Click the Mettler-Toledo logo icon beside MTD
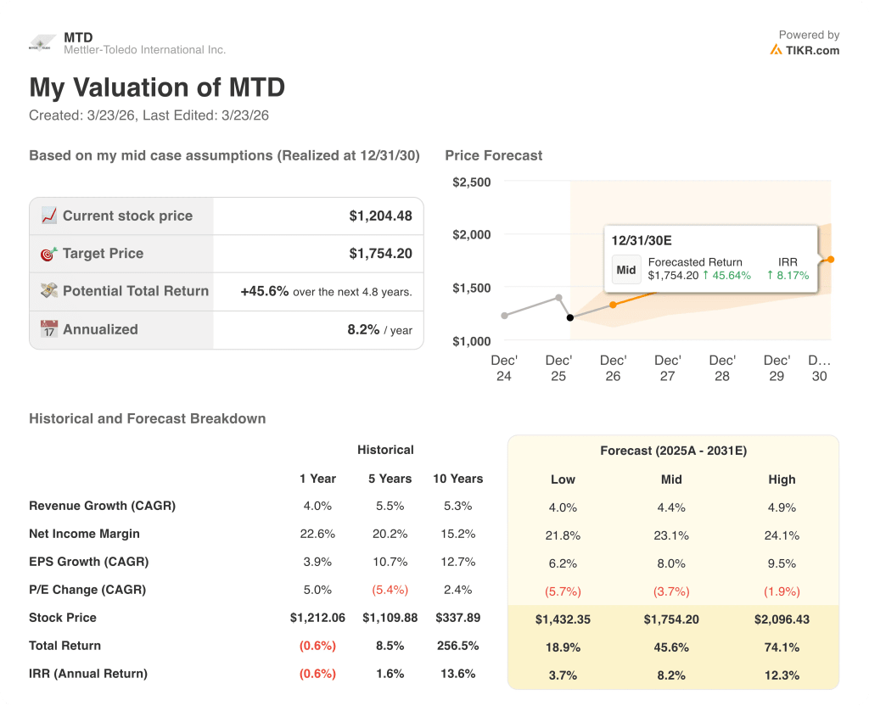click(x=42, y=44)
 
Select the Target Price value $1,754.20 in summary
click(x=380, y=253)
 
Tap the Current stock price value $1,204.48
click(x=380, y=216)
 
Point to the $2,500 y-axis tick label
click(x=471, y=182)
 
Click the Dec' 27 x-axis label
click(x=668, y=368)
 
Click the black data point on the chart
click(x=570, y=317)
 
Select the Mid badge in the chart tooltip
click(x=626, y=270)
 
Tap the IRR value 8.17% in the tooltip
click(x=788, y=275)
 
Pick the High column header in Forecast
click(x=782, y=479)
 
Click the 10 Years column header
click(x=457, y=479)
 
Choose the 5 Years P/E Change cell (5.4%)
click(x=390, y=590)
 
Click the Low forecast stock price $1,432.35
click(x=563, y=619)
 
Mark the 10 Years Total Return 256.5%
click(x=457, y=646)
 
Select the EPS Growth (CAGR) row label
click(x=88, y=562)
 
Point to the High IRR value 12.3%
click(x=782, y=675)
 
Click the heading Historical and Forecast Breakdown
click(x=147, y=418)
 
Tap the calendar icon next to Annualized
click(x=48, y=329)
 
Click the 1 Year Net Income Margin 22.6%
click(x=317, y=534)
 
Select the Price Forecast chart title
click(x=493, y=155)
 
